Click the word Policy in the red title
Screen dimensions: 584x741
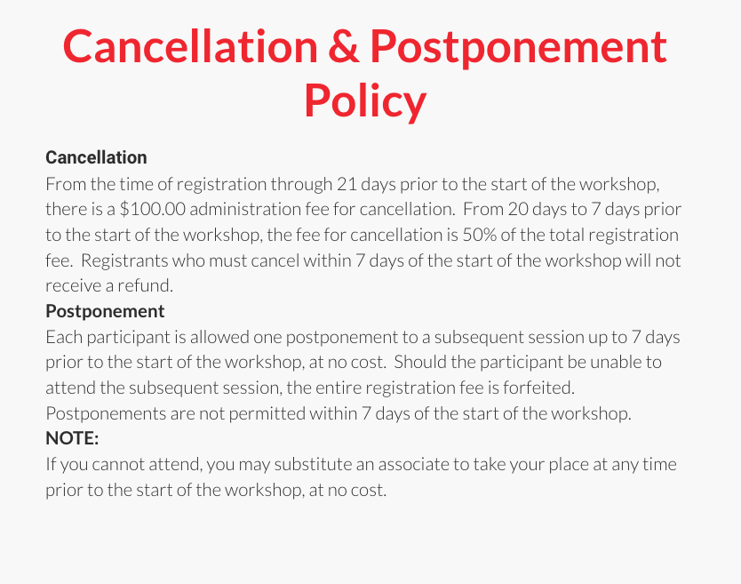tap(365, 100)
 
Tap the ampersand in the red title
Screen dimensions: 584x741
tap(343, 45)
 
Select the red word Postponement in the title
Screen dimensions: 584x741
tap(519, 45)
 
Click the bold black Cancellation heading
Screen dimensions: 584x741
tap(96, 157)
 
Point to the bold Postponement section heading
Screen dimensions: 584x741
tap(105, 311)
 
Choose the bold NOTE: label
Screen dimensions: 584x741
tap(72, 439)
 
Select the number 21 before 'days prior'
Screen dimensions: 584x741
tap(347, 184)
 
